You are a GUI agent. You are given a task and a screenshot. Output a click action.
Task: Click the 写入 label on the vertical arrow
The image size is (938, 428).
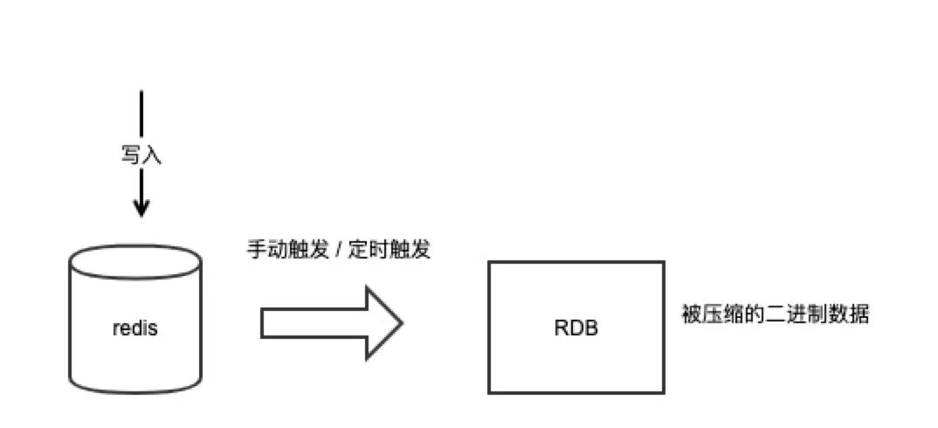coord(141,155)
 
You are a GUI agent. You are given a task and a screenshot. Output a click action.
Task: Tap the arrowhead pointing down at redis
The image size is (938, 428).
coord(141,208)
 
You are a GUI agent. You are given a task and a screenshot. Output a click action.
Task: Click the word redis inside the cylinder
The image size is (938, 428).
coord(134,329)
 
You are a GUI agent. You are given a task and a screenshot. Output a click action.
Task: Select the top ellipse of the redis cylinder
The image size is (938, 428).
coord(134,259)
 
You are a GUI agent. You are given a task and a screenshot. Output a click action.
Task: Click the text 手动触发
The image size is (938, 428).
coord(284,249)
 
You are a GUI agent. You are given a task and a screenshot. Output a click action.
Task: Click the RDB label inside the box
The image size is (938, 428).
coord(576,329)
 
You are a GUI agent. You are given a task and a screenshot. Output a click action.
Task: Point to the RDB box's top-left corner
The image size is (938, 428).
coord(489,261)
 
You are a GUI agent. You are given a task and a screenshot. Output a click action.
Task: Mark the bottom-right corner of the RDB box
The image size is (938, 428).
coord(663,392)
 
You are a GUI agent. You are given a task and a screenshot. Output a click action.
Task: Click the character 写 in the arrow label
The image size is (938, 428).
coord(130,155)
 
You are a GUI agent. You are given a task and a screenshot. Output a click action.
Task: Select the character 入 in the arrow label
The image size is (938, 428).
coord(151,155)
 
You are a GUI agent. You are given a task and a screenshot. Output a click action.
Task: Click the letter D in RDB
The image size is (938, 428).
coord(576,329)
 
